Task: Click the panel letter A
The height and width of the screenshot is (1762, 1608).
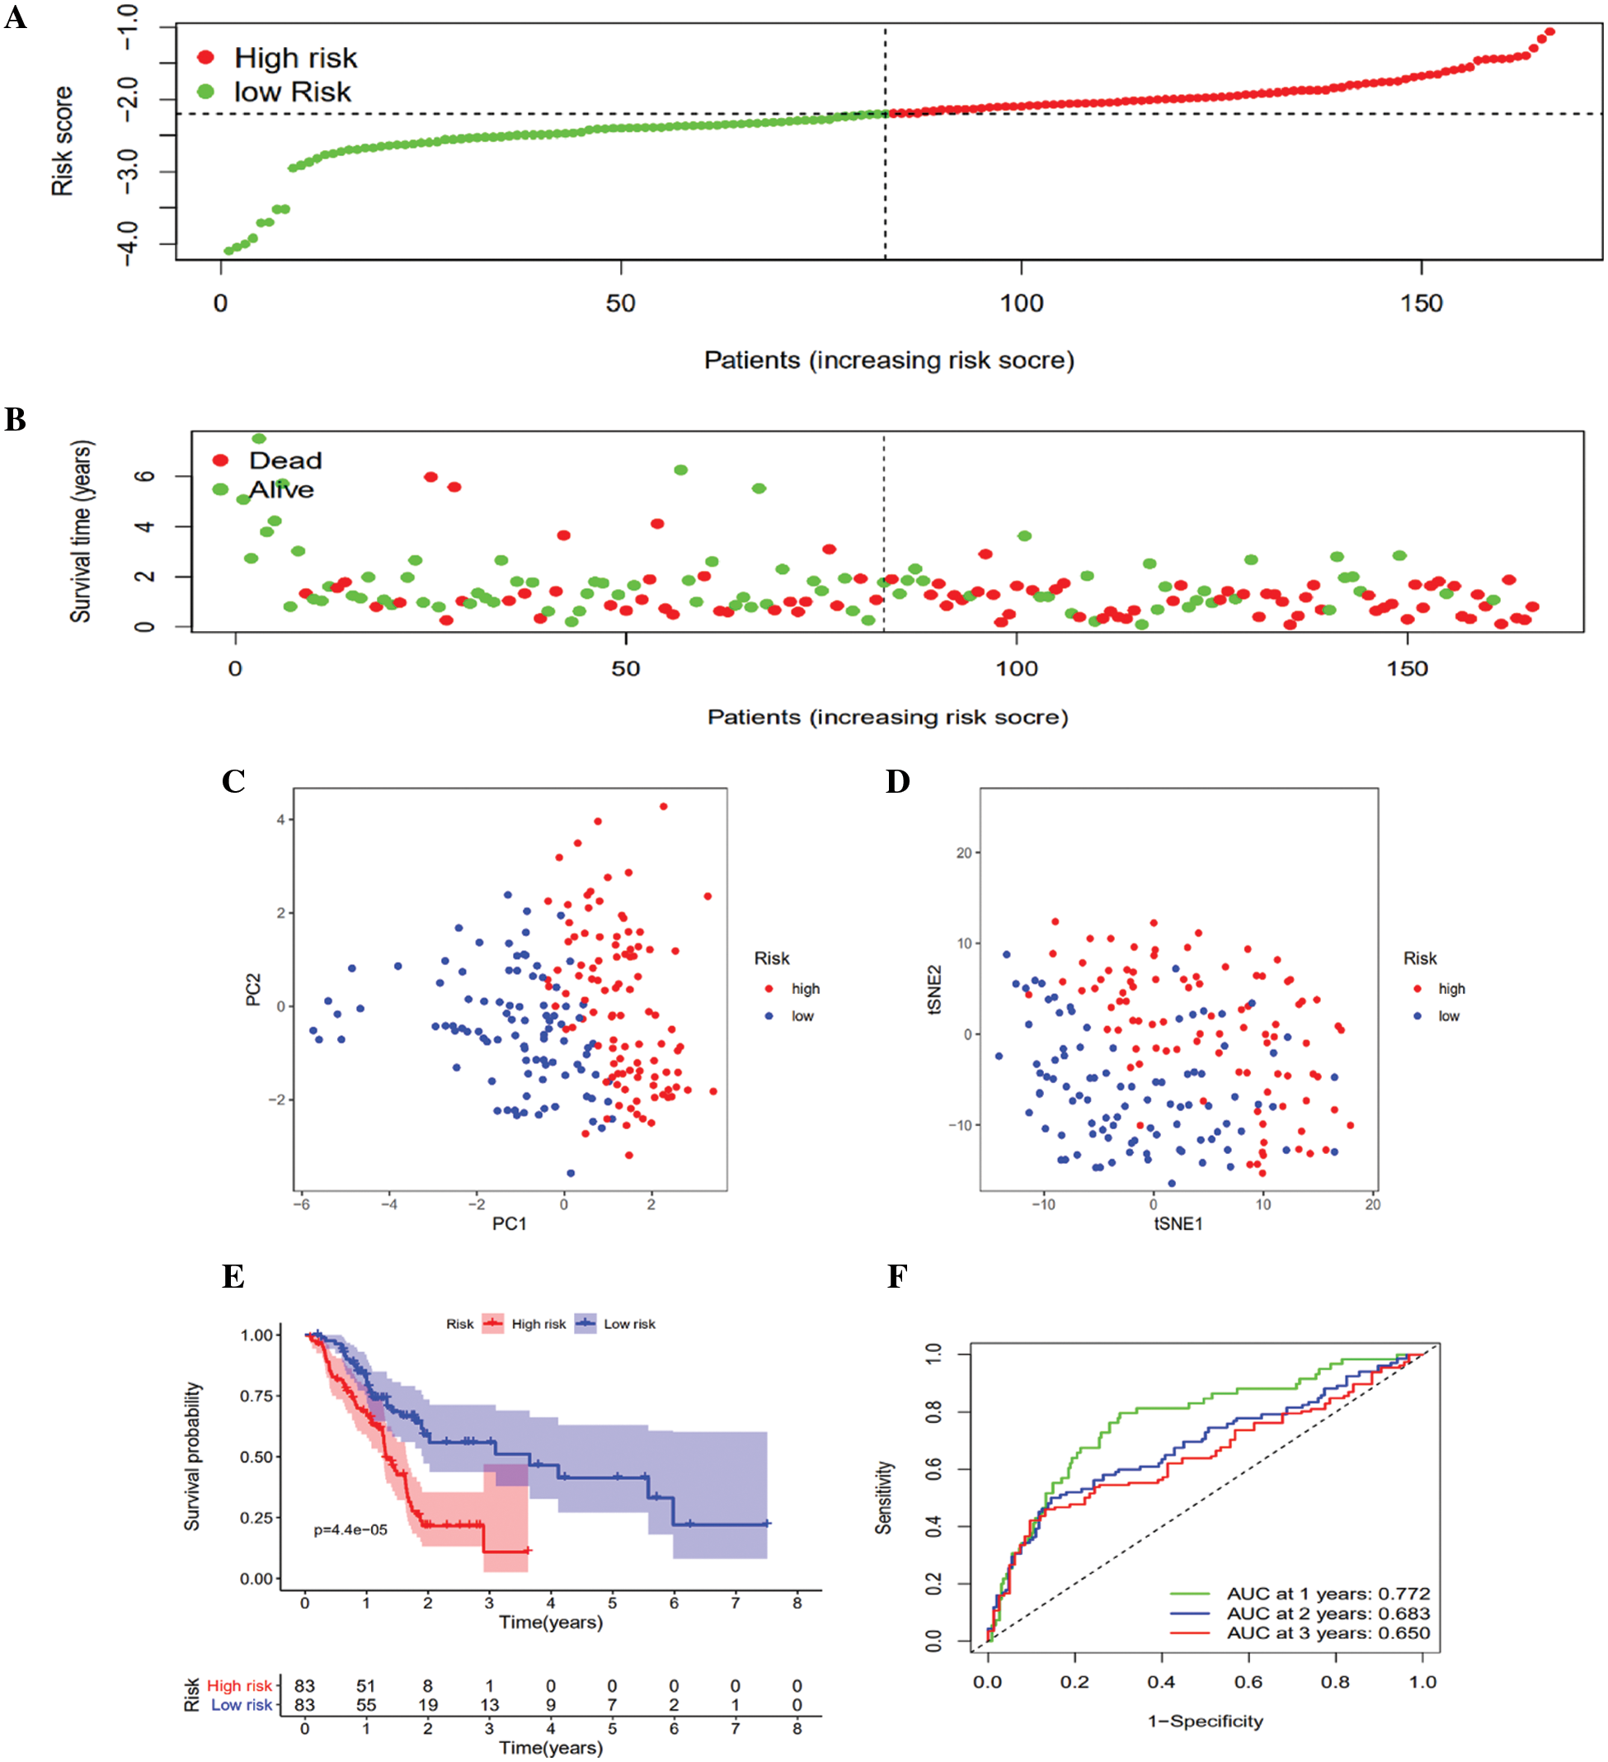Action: pos(15,16)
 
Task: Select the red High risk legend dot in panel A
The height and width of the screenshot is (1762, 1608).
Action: pos(206,58)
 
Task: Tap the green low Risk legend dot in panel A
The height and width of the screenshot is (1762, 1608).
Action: pos(206,92)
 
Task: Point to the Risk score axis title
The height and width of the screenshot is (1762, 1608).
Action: pos(62,141)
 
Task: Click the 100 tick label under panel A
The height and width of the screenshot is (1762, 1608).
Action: pos(1021,304)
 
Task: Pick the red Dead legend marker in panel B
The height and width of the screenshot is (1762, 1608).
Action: pos(220,460)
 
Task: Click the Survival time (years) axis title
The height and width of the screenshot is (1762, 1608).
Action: pos(81,531)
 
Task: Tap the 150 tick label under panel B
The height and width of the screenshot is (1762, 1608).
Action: pos(1407,670)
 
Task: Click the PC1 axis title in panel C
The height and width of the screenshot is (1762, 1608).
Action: pos(510,1223)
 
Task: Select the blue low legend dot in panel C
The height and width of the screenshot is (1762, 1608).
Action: pos(769,1015)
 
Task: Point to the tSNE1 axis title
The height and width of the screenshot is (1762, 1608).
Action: pos(1178,1223)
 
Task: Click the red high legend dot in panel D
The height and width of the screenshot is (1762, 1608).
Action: pos(1418,988)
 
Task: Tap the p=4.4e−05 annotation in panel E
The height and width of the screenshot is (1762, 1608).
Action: pos(350,1529)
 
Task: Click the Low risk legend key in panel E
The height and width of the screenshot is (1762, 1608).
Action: pos(585,1324)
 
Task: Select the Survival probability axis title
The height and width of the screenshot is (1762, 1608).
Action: pos(191,1456)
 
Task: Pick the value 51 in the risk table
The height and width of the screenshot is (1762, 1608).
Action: pos(365,1686)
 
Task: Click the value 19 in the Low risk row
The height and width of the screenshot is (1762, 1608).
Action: pos(427,1705)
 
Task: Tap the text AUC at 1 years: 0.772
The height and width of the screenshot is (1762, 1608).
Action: pos(1328,1594)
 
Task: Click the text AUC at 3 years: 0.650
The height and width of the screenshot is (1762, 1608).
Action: pos(1328,1632)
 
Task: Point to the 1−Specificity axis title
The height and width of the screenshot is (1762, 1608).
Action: pos(1205,1721)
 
